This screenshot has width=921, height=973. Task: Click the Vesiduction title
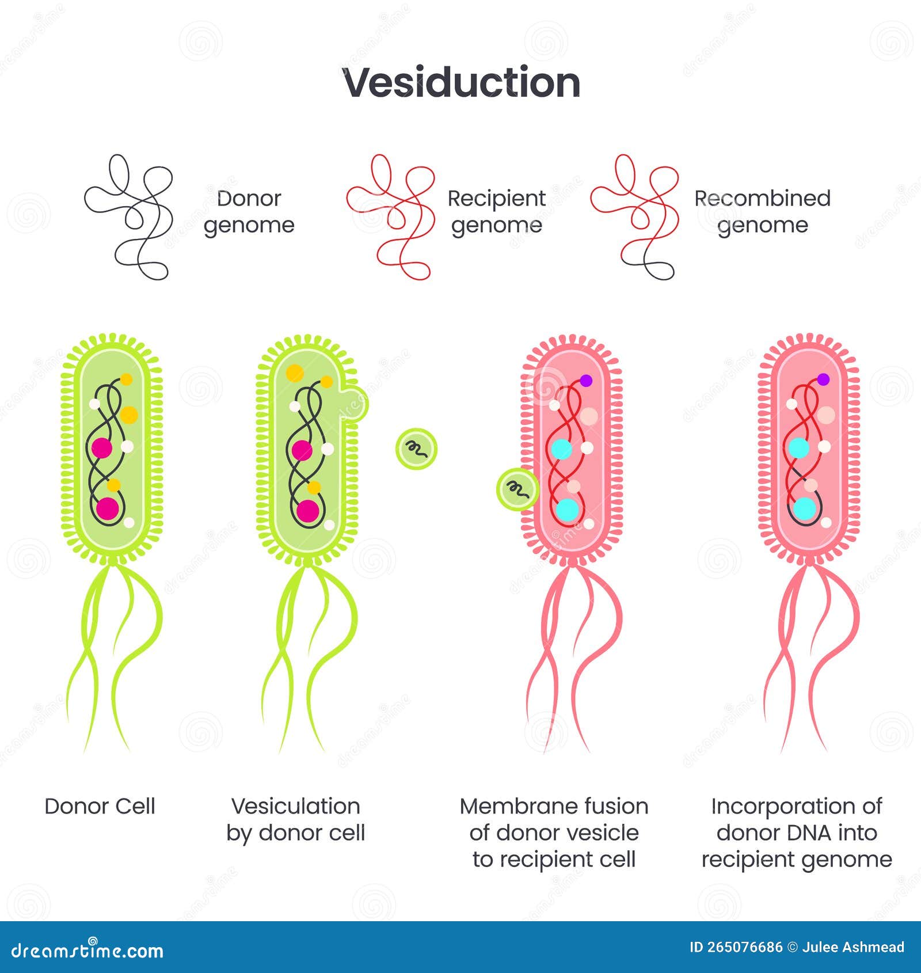[x=461, y=82]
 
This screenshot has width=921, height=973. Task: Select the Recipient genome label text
[x=496, y=211]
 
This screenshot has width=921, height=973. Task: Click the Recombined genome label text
[x=762, y=211]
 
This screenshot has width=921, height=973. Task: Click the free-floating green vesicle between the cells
[x=416, y=449]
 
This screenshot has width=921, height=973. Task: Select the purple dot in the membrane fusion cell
[x=586, y=381]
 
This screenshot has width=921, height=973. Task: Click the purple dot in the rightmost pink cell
[x=823, y=379]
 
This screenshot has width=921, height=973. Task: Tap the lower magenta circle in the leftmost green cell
[x=108, y=508]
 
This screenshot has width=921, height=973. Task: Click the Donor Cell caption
[x=100, y=806]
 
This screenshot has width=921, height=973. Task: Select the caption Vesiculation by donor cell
[x=295, y=819]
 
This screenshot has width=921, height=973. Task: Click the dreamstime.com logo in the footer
[x=87, y=951]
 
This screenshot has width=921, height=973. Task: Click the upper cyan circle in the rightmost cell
[x=798, y=447]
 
